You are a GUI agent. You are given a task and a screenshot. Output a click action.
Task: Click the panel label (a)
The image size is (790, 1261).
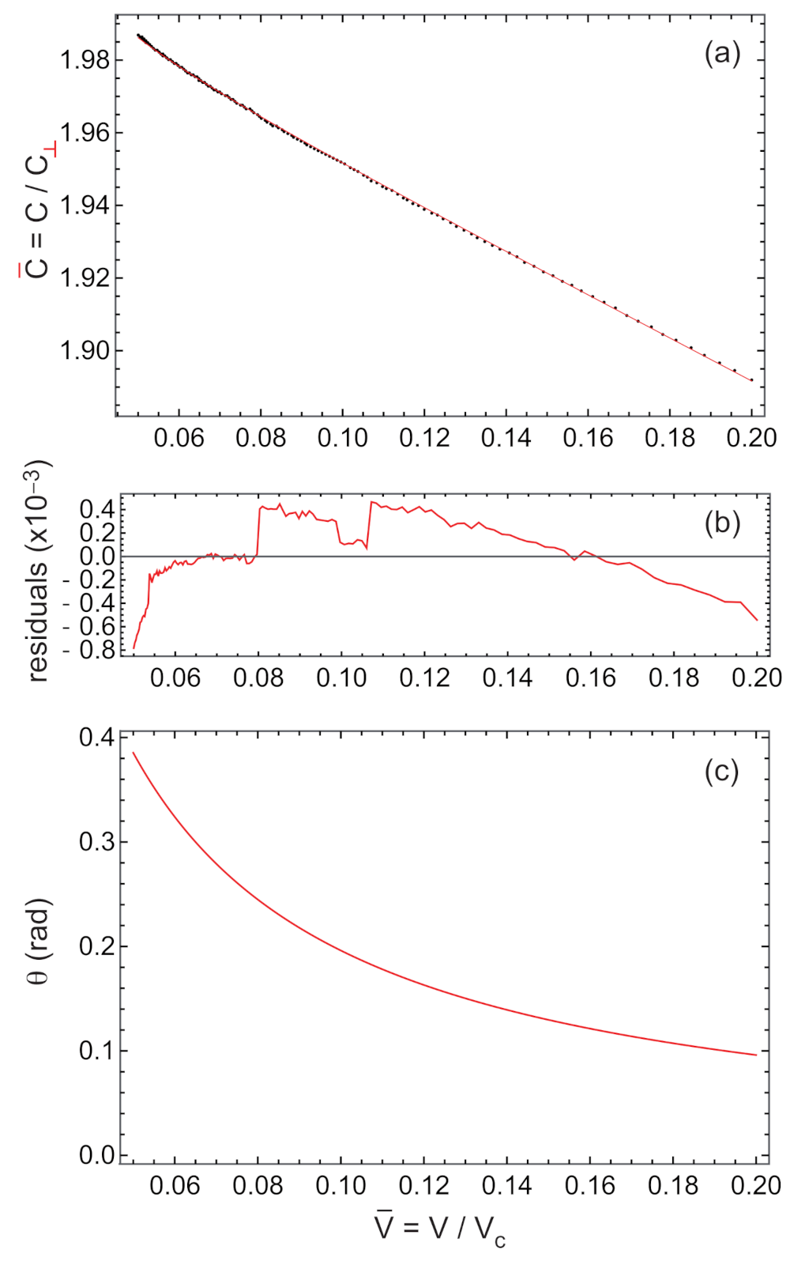[722, 54]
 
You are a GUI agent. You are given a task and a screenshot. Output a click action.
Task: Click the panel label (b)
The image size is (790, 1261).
[722, 523]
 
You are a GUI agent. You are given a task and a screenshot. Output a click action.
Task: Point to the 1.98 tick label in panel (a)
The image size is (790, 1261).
[85, 60]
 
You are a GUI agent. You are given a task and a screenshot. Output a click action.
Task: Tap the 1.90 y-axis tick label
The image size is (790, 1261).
[85, 350]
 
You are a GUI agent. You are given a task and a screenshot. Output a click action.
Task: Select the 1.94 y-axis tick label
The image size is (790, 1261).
[85, 206]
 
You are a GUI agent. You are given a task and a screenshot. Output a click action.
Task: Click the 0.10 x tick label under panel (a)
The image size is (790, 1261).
[342, 438]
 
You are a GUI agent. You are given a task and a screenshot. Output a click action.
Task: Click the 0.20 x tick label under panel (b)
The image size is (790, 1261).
[756, 678]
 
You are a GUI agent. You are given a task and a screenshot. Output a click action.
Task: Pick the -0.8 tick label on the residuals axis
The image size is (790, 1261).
[93, 651]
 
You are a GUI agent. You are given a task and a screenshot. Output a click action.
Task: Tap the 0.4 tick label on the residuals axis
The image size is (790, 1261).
[97, 509]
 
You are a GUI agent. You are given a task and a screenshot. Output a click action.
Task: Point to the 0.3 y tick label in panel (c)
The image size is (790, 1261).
[96, 841]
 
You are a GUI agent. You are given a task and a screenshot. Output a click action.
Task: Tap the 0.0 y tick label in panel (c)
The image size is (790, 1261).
[96, 1155]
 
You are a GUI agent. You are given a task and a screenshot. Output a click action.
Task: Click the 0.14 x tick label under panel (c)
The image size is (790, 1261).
[506, 1185]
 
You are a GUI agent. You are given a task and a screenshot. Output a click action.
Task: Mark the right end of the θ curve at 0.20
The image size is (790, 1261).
[756, 1055]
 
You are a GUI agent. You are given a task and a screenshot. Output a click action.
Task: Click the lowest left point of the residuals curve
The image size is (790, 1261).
[134, 648]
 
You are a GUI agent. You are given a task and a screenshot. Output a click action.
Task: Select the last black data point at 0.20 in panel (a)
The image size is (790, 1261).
[751, 379]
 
